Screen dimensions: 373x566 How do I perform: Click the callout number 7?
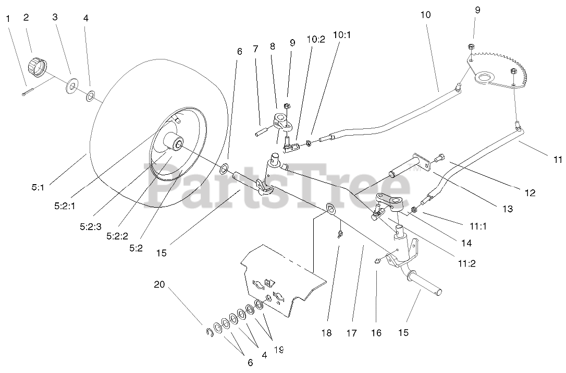tap(255, 49)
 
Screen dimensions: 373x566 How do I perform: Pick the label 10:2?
tap(316, 39)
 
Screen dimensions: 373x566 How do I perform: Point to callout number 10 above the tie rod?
tap(425, 15)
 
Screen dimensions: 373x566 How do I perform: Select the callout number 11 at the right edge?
tap(557, 160)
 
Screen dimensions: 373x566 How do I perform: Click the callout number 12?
tap(530, 193)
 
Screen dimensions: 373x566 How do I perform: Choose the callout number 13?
tap(507, 209)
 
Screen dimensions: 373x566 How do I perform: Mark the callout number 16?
tap(376, 332)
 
